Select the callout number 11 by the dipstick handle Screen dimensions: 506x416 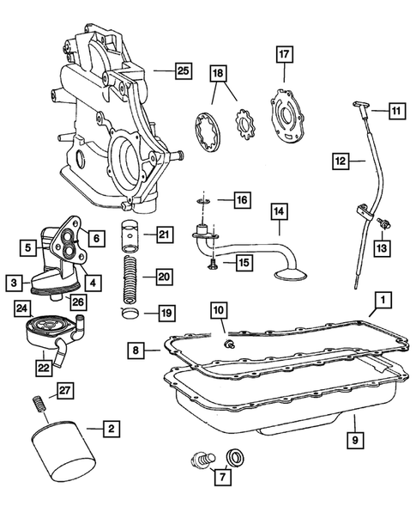396,110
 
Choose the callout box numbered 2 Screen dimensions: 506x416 109,426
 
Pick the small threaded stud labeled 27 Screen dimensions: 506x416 38,401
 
